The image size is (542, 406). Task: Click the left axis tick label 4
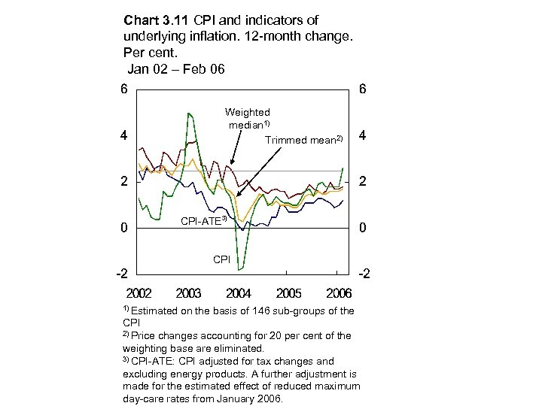click(123, 136)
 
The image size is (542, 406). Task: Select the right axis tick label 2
click(363, 182)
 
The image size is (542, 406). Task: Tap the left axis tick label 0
click(123, 228)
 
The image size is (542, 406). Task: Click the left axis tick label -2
click(120, 274)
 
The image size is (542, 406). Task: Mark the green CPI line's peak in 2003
click(188, 114)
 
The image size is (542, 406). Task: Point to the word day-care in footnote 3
click(145, 398)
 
